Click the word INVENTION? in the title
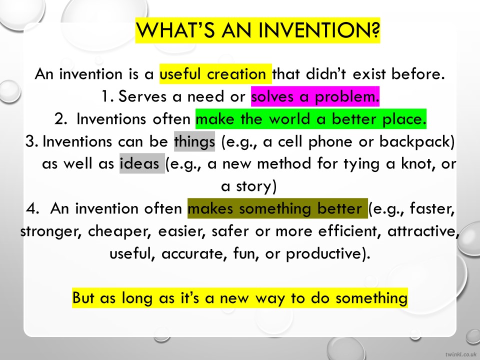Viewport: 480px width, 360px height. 319,30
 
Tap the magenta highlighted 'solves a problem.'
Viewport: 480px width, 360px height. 315,96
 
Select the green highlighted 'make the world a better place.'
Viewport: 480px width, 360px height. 310,119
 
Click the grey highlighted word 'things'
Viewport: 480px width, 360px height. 194,141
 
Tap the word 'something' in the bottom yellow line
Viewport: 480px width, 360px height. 371,298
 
